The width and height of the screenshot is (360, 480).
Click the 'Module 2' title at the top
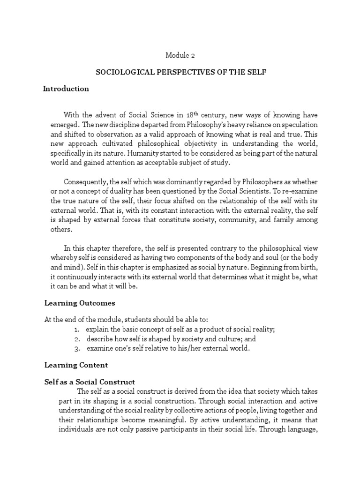180,55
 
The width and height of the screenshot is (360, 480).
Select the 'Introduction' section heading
66,89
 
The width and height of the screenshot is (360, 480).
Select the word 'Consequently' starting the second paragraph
85,182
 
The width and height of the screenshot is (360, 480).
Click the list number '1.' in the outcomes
76,330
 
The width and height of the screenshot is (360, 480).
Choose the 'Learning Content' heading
76,365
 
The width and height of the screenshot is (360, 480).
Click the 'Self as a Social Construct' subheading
90,382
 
